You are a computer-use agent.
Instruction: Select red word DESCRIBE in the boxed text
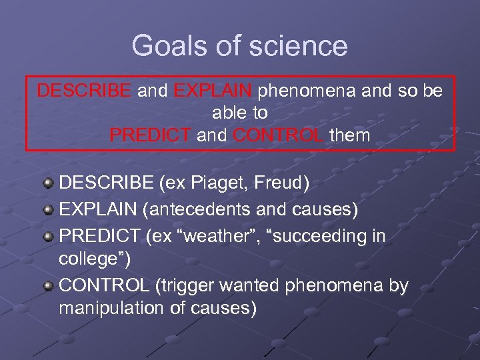click(x=84, y=91)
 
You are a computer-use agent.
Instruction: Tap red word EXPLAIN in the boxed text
click(x=213, y=91)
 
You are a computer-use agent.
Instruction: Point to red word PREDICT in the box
click(x=150, y=135)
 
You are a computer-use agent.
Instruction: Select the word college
click(x=91, y=258)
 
